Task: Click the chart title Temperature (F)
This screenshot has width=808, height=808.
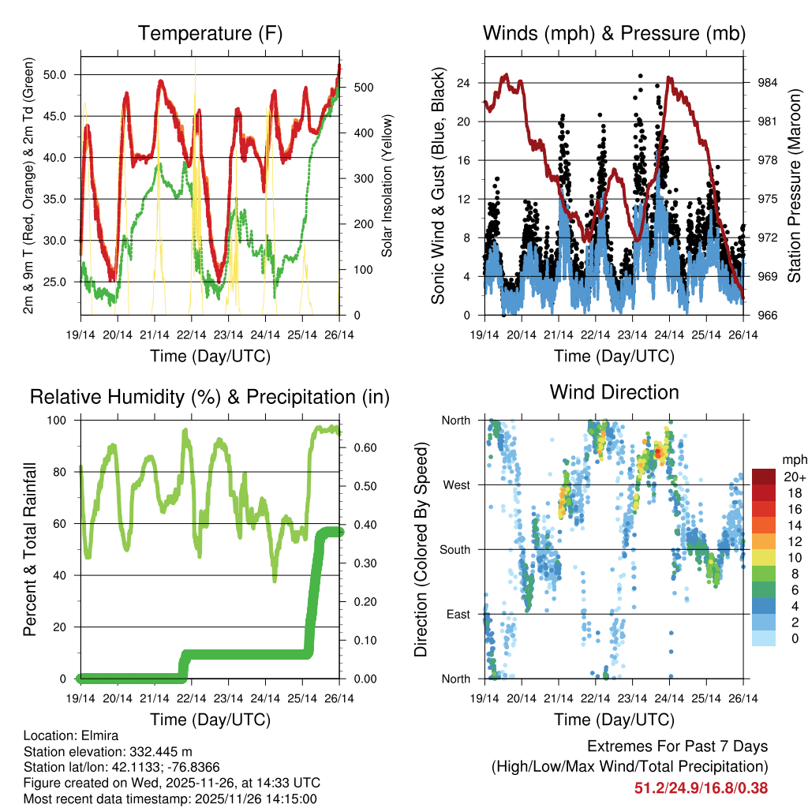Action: point(210,34)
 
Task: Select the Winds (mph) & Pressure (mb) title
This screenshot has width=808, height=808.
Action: point(614,34)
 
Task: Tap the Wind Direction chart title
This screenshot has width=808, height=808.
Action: point(614,392)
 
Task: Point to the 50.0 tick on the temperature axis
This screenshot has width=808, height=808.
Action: point(63,75)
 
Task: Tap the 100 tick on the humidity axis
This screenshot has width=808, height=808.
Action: point(62,421)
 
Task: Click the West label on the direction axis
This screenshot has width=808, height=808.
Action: point(457,485)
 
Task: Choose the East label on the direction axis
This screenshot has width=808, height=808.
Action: point(458,614)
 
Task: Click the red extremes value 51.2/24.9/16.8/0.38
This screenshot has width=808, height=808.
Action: point(701,787)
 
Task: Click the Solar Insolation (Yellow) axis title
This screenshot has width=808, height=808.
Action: point(387,186)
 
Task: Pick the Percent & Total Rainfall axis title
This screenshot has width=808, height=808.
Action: point(30,549)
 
